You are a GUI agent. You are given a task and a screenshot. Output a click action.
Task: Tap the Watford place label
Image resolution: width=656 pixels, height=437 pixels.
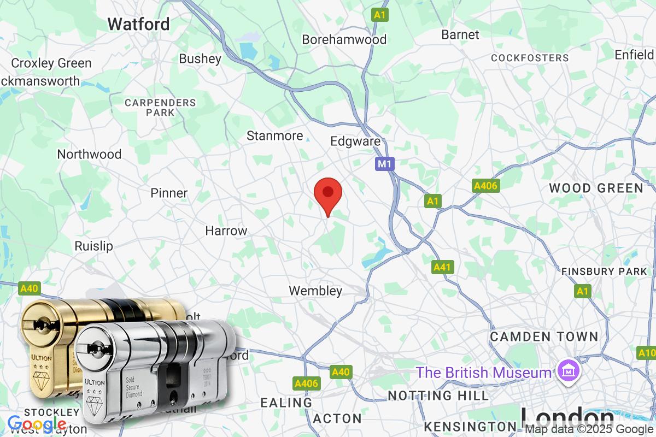138,24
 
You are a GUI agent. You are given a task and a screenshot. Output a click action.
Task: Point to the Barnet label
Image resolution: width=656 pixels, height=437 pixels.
460,34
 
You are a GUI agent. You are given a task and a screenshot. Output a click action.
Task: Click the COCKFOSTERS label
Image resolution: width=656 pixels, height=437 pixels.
530,58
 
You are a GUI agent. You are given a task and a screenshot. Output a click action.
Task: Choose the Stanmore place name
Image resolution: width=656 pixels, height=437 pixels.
274,135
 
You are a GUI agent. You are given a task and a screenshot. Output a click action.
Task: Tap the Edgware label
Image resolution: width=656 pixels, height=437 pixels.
355,141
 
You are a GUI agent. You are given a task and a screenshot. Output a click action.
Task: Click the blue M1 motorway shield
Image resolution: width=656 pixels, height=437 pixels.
385,163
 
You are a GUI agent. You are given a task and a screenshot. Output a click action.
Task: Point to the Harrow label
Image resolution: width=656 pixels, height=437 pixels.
226,231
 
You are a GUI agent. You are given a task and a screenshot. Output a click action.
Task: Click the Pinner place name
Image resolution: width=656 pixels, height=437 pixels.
169,193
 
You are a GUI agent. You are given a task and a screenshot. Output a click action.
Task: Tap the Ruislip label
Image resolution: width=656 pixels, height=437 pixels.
93,246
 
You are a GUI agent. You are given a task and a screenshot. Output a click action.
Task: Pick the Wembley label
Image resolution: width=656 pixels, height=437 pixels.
315,291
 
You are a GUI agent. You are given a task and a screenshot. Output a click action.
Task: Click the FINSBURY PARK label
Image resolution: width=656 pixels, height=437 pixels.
604,271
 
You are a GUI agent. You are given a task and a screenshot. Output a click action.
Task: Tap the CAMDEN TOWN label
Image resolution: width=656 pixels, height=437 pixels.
544,336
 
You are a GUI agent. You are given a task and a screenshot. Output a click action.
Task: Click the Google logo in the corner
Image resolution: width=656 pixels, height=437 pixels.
37,424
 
